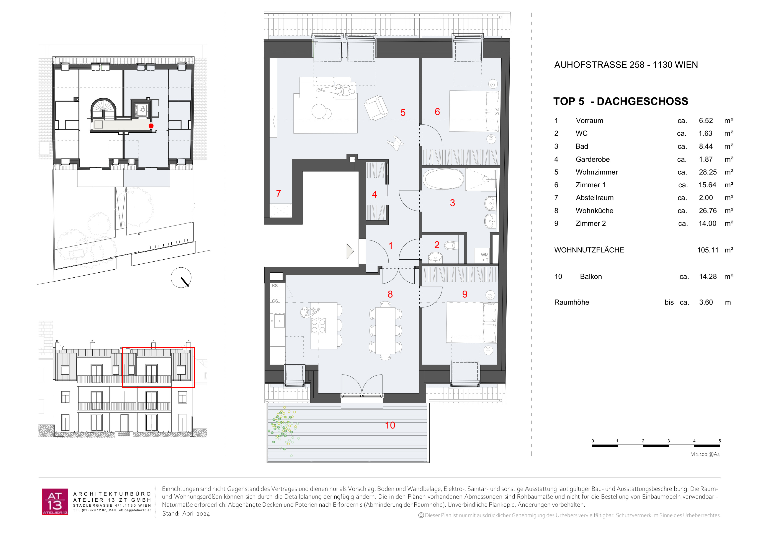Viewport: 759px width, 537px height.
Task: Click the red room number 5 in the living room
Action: (403, 112)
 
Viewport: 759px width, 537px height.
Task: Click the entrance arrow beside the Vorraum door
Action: (350, 251)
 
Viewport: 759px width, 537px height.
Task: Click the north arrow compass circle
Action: (181, 277)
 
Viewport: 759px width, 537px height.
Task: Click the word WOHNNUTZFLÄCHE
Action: (589, 250)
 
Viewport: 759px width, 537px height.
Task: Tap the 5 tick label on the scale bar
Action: (720, 441)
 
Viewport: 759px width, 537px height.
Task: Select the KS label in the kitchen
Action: (275, 286)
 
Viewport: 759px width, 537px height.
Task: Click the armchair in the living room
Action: (376, 107)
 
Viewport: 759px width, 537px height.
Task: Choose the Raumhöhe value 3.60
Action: (706, 302)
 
